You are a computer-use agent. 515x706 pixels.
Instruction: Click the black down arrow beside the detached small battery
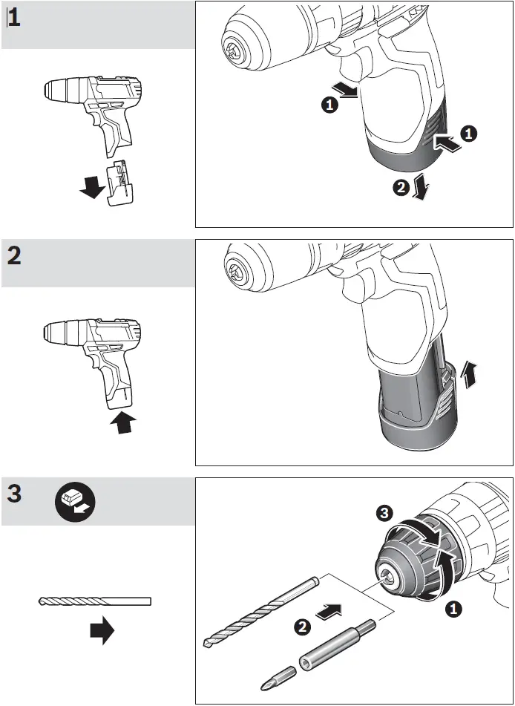[x=92, y=188]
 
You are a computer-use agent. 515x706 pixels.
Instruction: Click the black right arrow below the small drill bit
[x=102, y=632]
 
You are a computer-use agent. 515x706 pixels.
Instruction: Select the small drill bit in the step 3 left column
[x=94, y=601]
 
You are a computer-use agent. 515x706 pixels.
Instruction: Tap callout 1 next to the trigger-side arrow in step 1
[x=329, y=105]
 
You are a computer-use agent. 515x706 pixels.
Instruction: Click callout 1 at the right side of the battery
[x=470, y=134]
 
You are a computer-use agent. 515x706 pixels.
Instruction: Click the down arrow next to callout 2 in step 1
[x=422, y=186]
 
